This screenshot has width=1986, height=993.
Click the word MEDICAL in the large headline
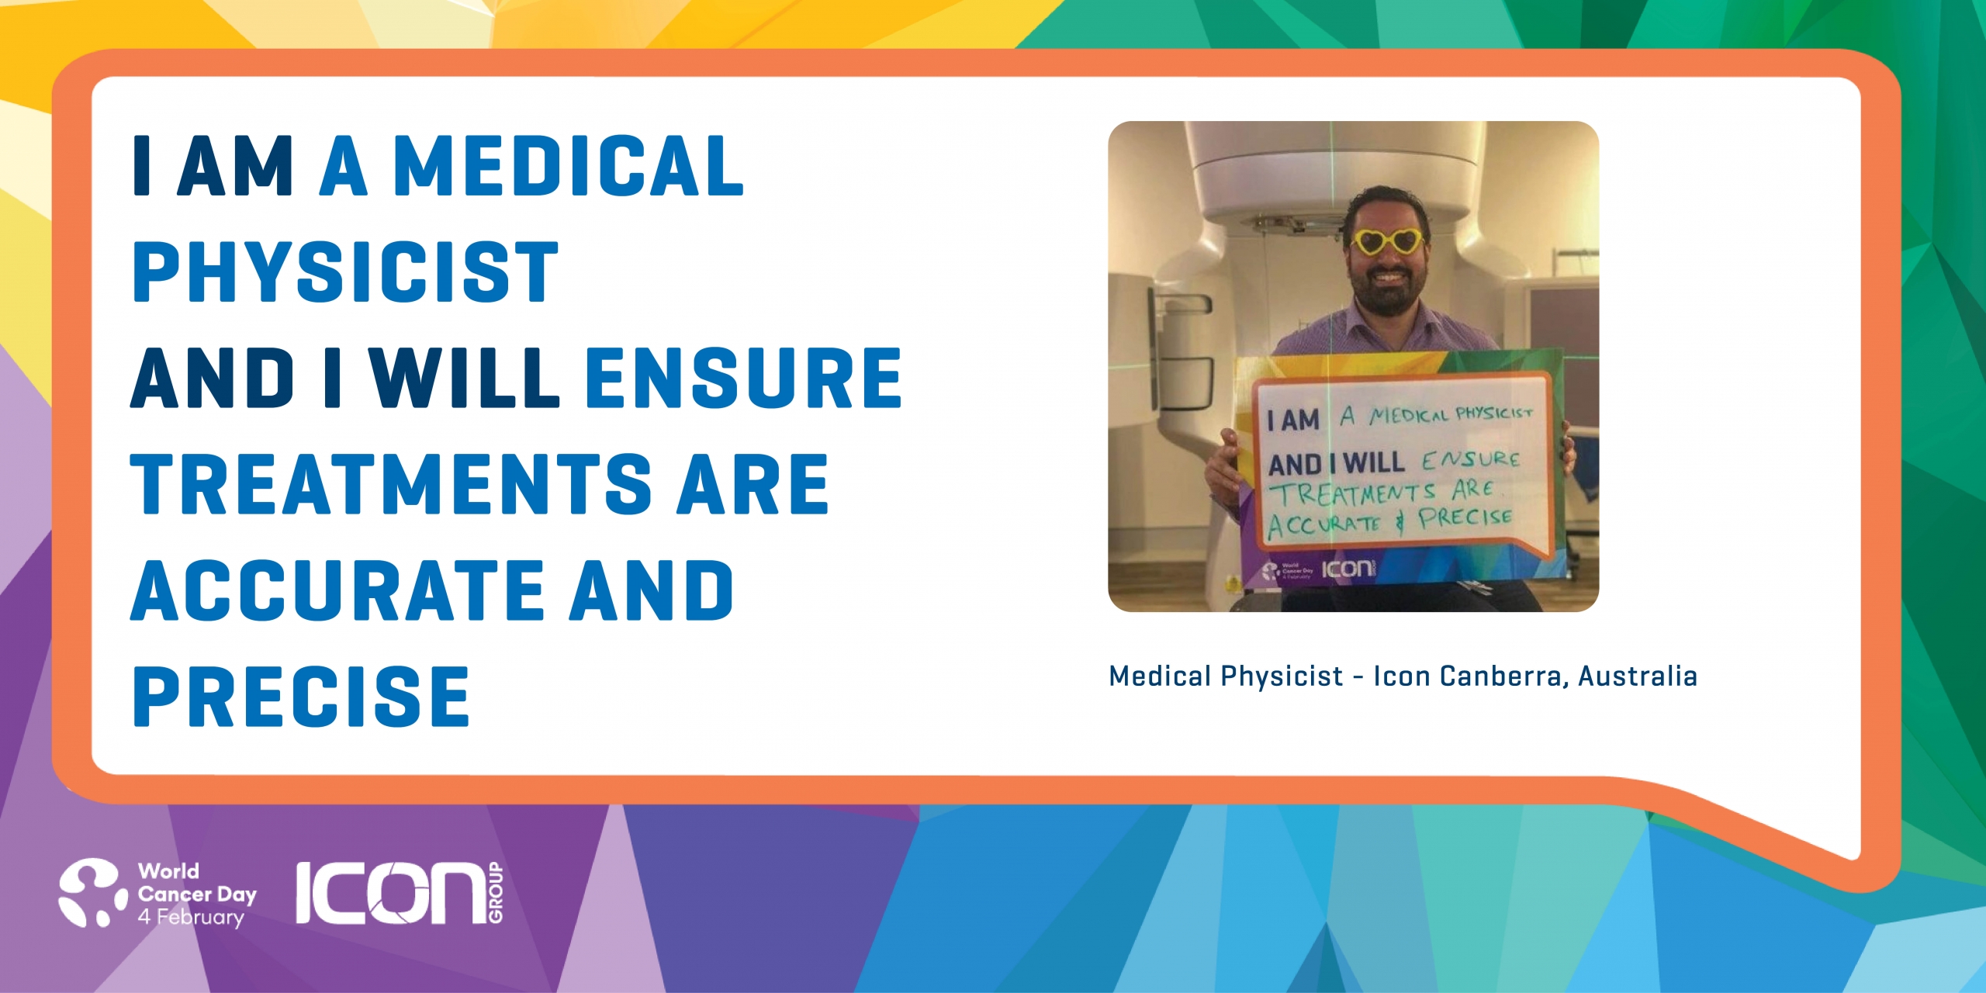tap(569, 165)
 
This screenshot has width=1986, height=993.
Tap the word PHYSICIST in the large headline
tap(346, 272)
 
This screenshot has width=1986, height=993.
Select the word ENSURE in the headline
tap(744, 378)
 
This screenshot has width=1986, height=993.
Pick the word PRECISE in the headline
tap(302, 697)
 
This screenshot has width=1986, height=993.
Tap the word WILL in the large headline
tap(464, 378)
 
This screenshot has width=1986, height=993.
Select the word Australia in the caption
tap(1638, 676)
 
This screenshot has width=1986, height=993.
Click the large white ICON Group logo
tap(400, 893)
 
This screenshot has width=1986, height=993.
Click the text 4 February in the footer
tap(191, 917)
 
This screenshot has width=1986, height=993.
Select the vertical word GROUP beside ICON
tap(496, 893)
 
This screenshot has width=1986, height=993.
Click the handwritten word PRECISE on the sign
tap(1465, 517)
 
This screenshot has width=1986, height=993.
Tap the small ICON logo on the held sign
tap(1348, 569)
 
